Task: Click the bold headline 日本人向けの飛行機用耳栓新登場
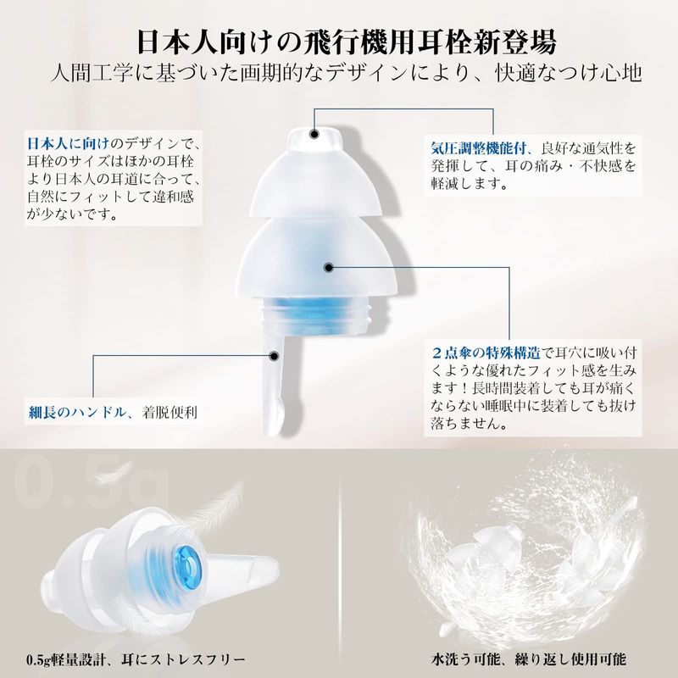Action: [x=347, y=42]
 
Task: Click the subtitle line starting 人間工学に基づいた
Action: [x=346, y=73]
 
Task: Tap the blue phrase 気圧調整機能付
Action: [x=478, y=148]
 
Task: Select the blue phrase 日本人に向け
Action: [x=69, y=143]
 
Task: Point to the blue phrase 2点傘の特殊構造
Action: [x=486, y=353]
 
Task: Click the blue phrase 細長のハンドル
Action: [x=77, y=412]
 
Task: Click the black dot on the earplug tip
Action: [x=314, y=134]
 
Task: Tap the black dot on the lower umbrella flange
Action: [x=329, y=268]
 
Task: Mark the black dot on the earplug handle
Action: [x=273, y=356]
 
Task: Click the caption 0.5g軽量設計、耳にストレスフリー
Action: [x=136, y=659]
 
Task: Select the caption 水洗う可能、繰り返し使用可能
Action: [x=528, y=659]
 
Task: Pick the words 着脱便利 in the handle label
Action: [x=169, y=412]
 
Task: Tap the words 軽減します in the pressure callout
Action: [x=470, y=184]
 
